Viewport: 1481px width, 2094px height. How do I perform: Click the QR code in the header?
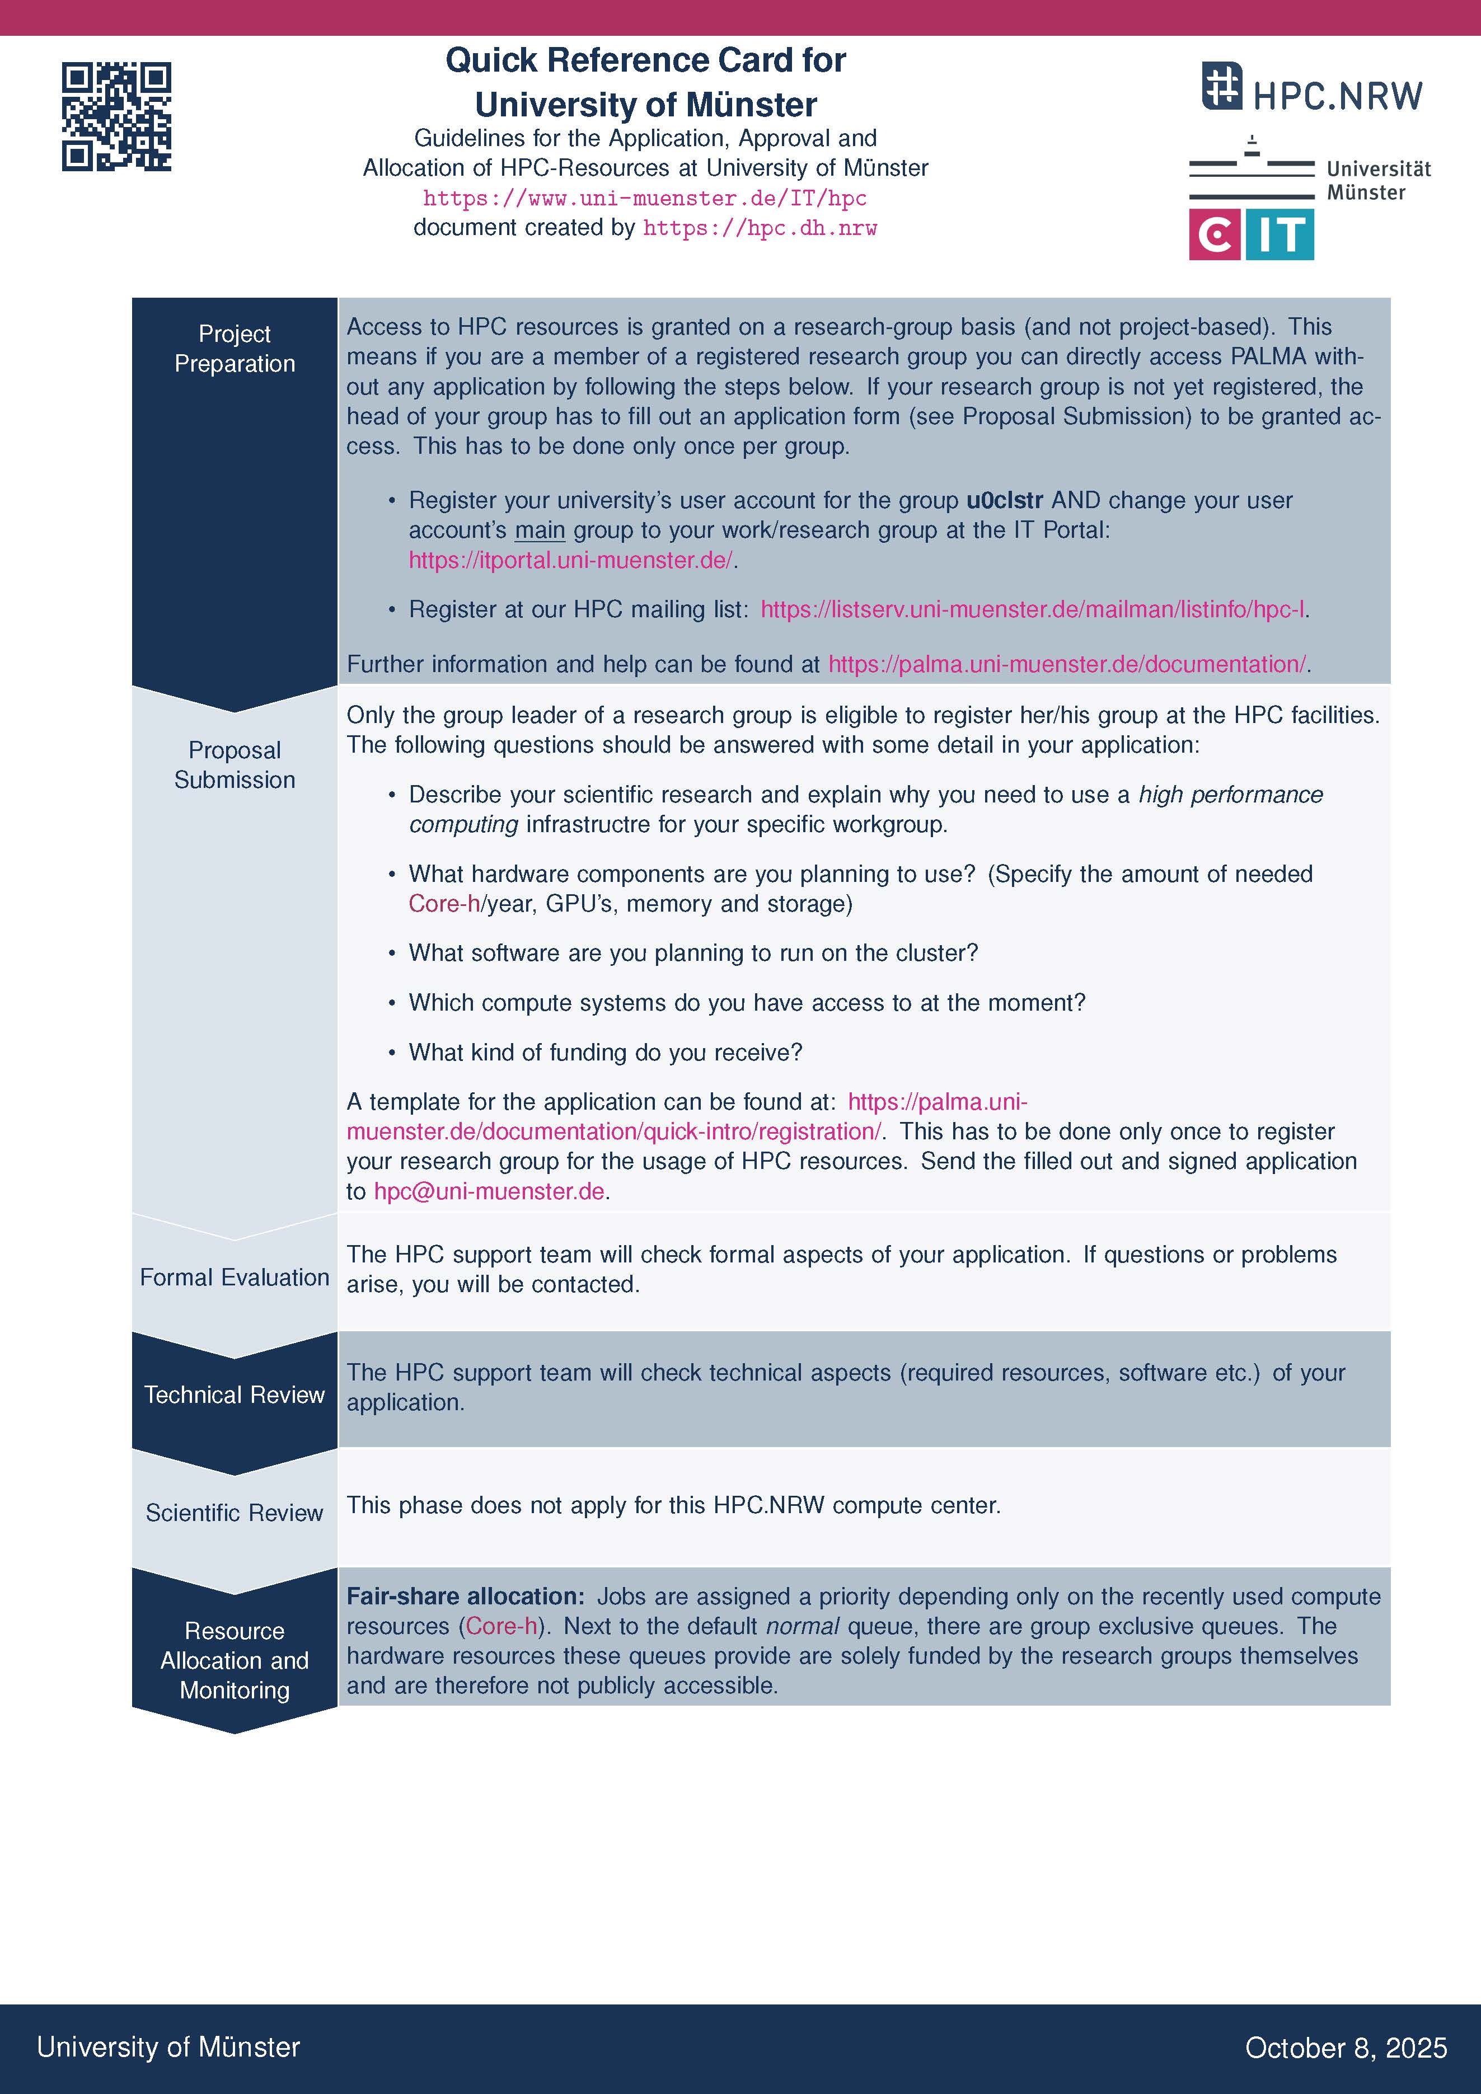[117, 117]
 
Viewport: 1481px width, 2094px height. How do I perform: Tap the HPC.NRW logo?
[1311, 88]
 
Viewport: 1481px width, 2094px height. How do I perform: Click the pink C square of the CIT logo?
[1214, 235]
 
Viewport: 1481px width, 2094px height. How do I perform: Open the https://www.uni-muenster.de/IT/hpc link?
[645, 199]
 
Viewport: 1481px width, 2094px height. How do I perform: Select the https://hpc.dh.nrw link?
[760, 228]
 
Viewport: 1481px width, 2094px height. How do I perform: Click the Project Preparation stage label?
[235, 349]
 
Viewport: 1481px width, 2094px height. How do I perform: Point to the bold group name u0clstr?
[1004, 501]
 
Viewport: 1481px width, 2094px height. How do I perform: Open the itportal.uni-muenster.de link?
[570, 560]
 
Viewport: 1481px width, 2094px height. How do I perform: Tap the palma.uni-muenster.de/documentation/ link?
[1067, 664]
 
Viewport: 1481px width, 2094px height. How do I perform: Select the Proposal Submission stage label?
[235, 764]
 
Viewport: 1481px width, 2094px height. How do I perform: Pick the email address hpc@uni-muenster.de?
[489, 1191]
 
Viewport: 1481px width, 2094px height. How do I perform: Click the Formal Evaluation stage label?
[235, 1277]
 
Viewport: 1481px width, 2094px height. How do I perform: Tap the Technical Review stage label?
[235, 1395]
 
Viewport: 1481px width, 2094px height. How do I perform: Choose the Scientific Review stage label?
[235, 1512]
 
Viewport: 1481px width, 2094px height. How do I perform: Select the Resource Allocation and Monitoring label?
[235, 1660]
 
